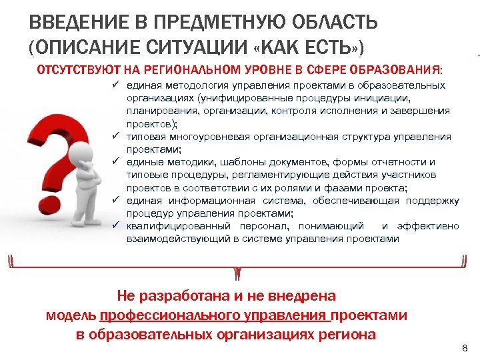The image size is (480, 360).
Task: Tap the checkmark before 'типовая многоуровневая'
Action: click(x=115, y=137)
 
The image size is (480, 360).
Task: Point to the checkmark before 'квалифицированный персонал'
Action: click(x=115, y=226)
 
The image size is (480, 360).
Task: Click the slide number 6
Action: click(x=465, y=349)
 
